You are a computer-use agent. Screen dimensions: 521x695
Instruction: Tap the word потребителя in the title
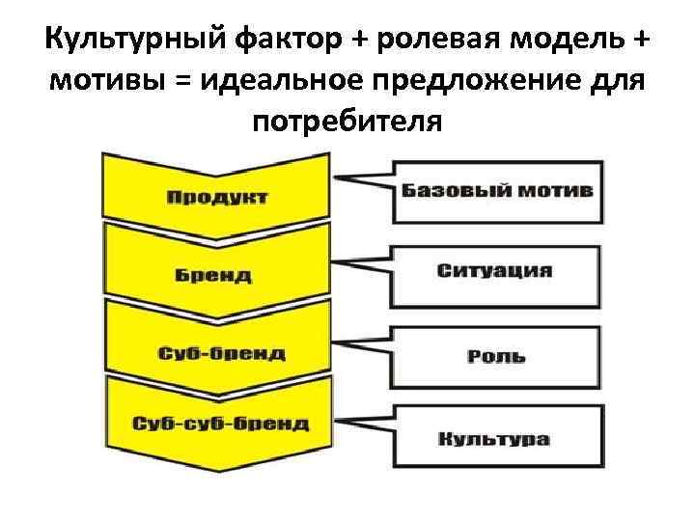pos(347,123)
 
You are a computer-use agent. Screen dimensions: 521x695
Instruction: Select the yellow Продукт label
pos(218,198)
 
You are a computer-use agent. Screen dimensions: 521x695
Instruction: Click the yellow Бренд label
pos(213,276)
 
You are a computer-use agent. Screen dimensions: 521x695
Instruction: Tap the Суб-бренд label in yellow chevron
pos(222,352)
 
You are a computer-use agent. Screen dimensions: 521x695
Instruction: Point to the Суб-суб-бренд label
pos(221,424)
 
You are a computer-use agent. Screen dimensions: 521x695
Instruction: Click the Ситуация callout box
pos(495,270)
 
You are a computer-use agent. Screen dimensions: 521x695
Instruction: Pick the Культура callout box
pos(495,439)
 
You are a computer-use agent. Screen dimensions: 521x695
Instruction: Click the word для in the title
pos(610,82)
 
